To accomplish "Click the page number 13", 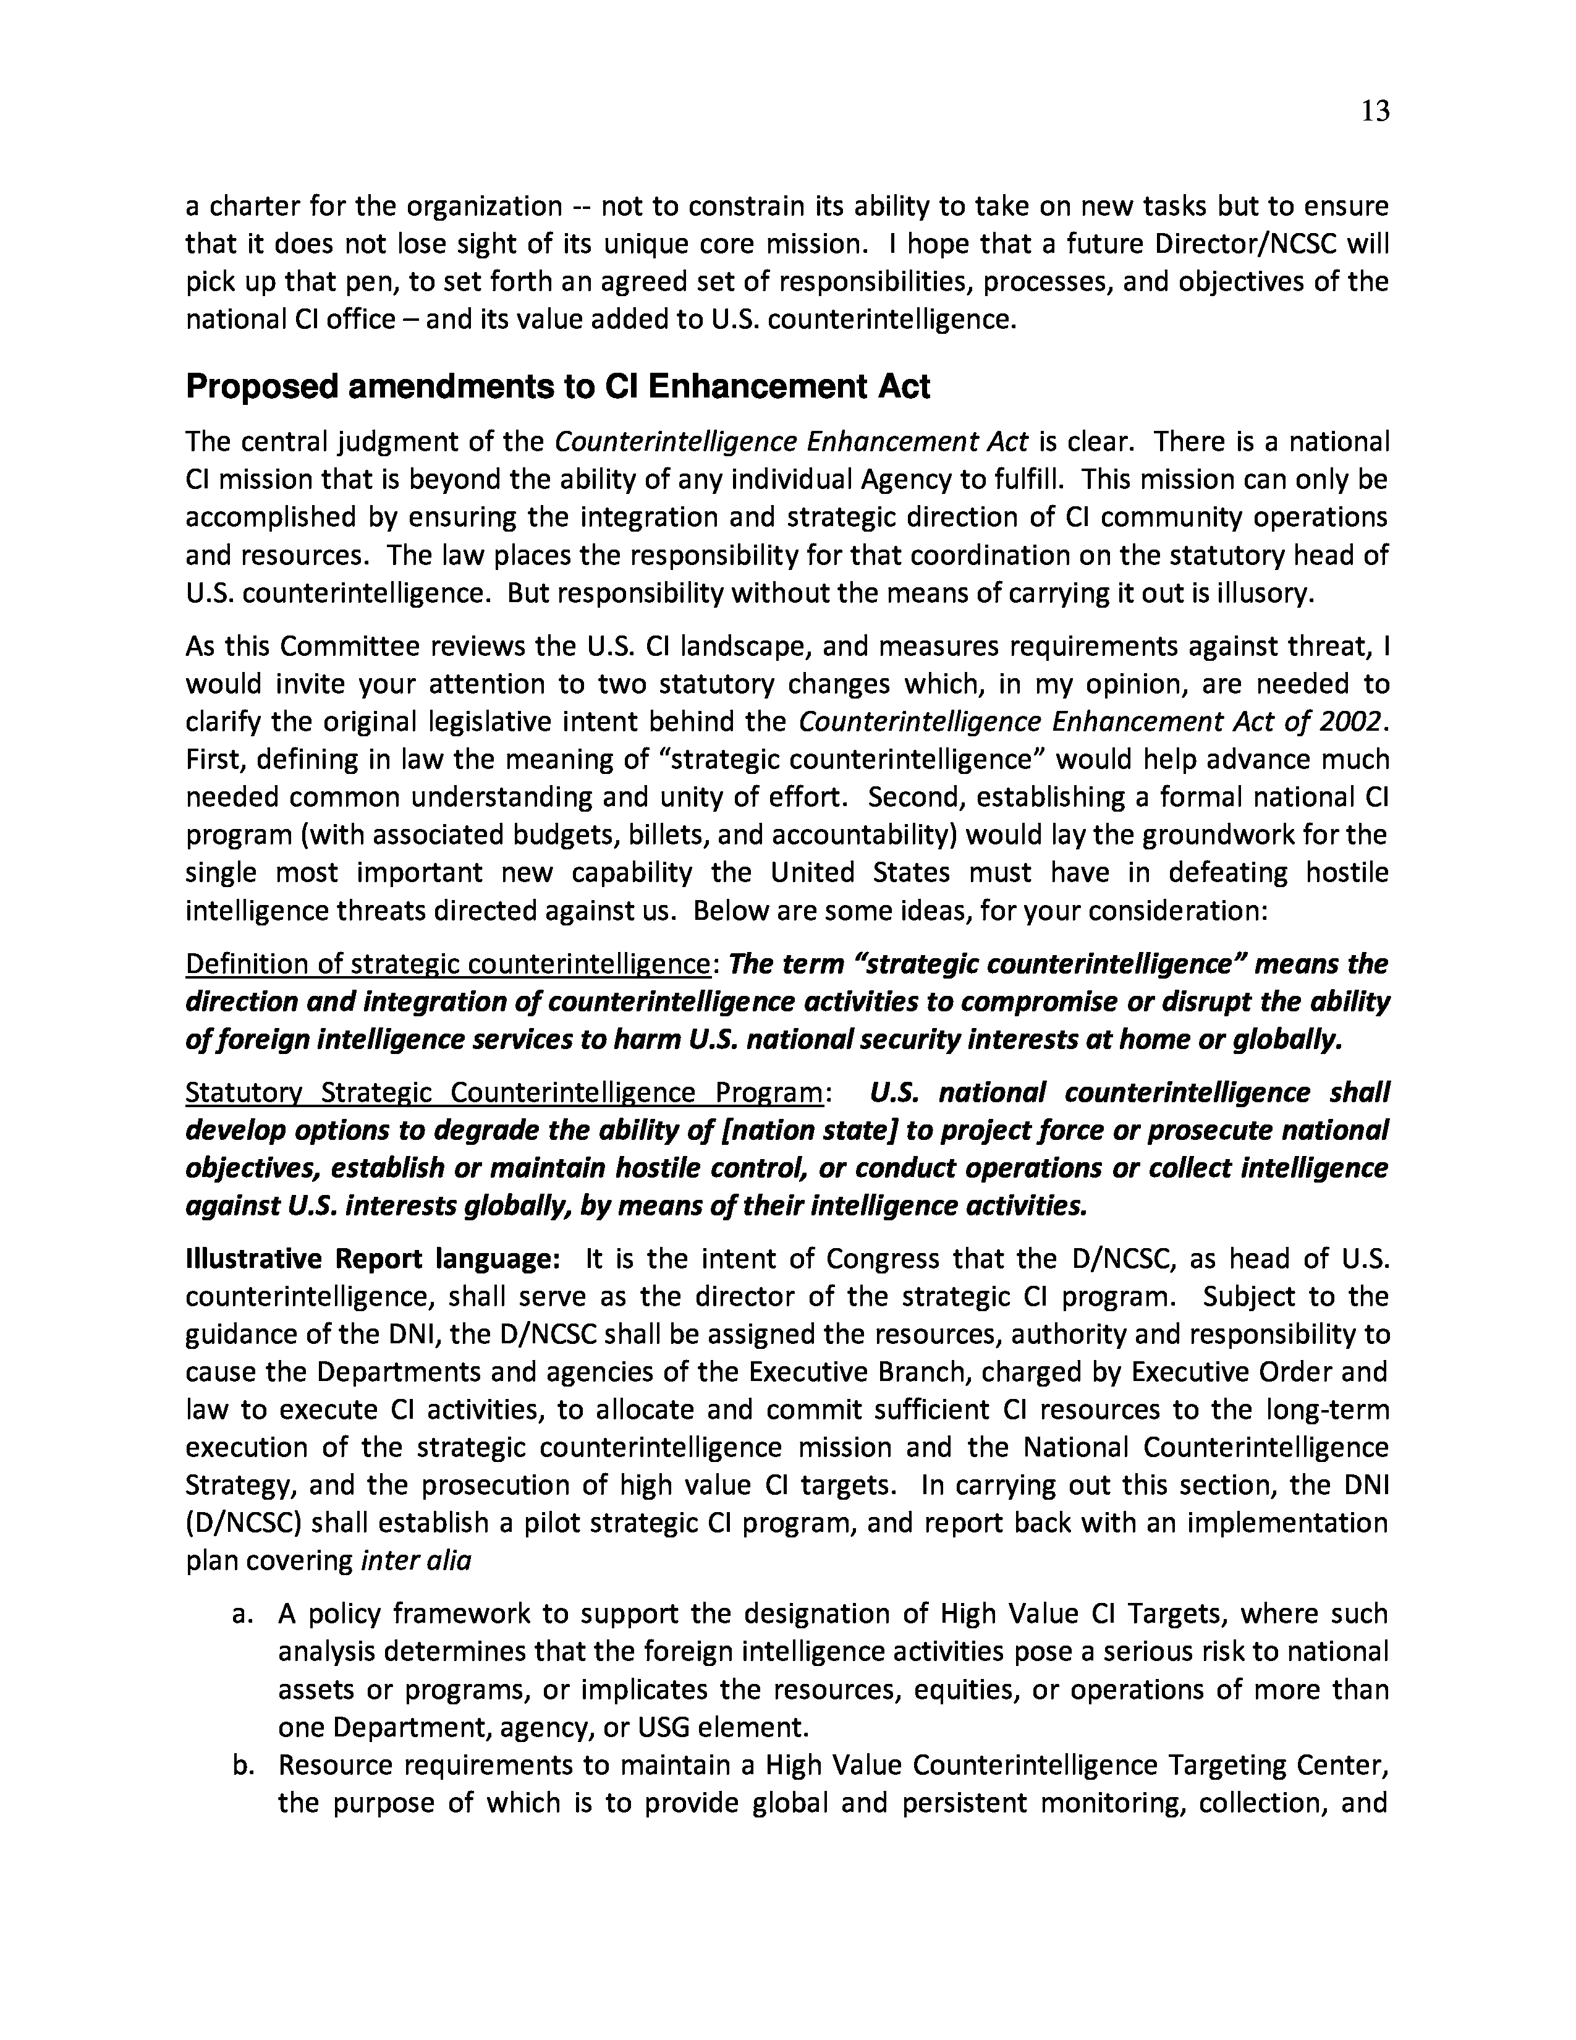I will (x=1375, y=111).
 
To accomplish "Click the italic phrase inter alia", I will (x=415, y=1561).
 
